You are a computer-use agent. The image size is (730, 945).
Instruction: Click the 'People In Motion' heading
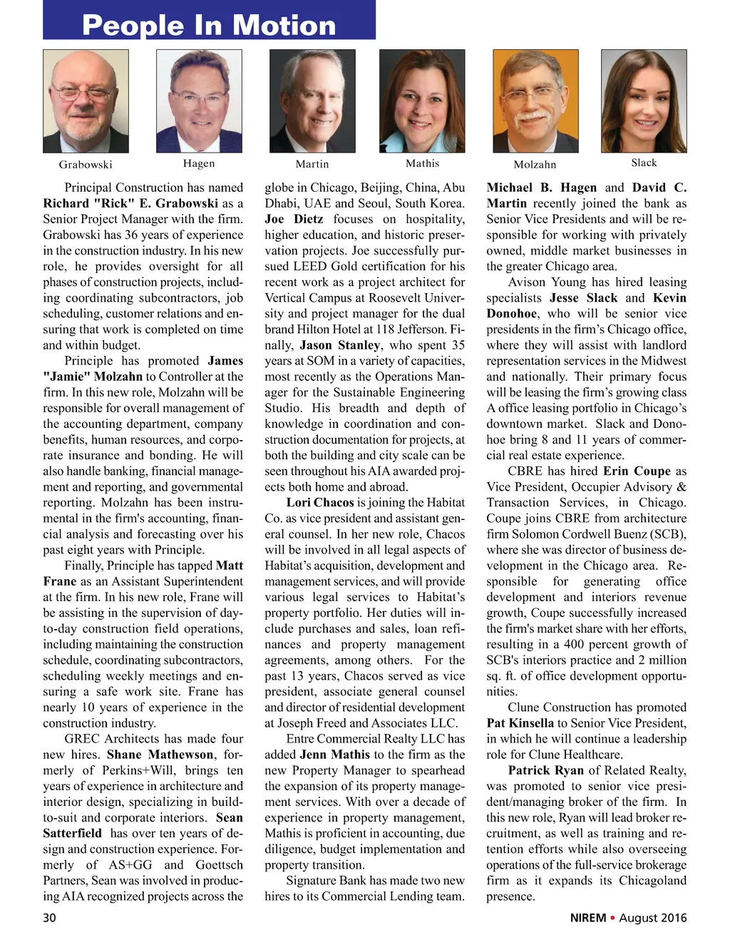[x=209, y=26]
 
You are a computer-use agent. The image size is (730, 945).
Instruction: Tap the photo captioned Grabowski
[x=86, y=101]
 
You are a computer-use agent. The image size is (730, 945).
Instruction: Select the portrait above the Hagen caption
[x=199, y=101]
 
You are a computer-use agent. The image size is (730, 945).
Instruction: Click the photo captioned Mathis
[x=422, y=101]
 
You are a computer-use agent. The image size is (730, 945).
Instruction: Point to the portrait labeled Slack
[x=644, y=101]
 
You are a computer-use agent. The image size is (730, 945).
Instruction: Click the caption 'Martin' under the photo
[x=312, y=164]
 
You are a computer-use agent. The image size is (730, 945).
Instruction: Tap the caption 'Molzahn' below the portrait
[x=535, y=165]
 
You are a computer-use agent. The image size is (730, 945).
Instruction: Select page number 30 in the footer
[x=49, y=918]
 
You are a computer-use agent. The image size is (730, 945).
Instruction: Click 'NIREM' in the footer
[x=587, y=918]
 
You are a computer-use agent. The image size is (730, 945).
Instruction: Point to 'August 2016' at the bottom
[x=653, y=918]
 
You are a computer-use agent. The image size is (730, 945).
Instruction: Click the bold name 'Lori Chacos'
[x=320, y=503]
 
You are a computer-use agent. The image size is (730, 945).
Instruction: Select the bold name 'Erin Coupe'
[x=637, y=471]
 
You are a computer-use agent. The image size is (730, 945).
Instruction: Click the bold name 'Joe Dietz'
[x=294, y=219]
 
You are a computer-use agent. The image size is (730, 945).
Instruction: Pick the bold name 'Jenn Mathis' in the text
[x=334, y=755]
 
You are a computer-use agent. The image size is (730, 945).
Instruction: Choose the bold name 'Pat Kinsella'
[x=520, y=723]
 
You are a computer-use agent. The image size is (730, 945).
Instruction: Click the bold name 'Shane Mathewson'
[x=160, y=755]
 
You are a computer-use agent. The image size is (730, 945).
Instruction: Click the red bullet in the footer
[x=612, y=918]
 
